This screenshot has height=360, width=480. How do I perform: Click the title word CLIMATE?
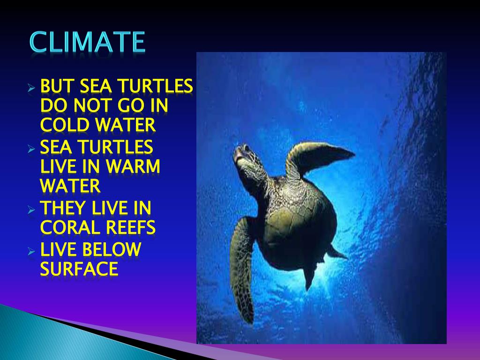pos(87,43)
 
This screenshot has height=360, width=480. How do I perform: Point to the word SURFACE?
pos(79,269)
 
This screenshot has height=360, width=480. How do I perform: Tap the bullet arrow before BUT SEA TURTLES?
pos(31,88)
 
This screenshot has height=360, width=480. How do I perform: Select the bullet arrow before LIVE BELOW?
pos(31,251)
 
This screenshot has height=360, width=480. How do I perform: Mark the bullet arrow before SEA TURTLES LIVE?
pos(31,149)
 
